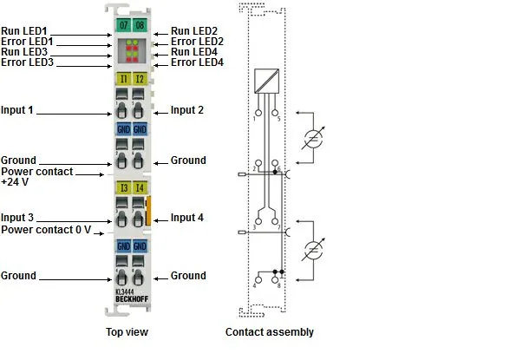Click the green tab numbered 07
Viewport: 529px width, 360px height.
tap(123, 25)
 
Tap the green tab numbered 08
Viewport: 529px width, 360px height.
tap(140, 25)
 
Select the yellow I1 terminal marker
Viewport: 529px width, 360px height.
tap(123, 79)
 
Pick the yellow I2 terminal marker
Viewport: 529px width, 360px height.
tap(140, 79)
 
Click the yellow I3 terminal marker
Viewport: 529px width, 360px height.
tap(123, 187)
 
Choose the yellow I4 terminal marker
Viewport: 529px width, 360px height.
tap(140, 187)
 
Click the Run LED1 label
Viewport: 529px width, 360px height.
tap(24, 31)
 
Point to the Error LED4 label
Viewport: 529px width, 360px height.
tap(197, 62)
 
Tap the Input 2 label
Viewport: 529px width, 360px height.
tap(187, 110)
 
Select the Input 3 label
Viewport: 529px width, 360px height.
tap(17, 218)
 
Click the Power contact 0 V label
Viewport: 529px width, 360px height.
tap(46, 230)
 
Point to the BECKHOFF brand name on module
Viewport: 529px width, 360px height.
tap(132, 299)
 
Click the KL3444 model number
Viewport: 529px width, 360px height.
tap(125, 291)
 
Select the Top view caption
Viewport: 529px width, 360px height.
tap(127, 332)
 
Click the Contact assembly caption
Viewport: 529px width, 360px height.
tap(270, 332)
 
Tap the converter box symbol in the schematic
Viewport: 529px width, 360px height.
tap(266, 81)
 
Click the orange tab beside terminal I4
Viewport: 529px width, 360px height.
tap(147, 211)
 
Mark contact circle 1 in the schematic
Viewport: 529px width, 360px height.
tap(258, 113)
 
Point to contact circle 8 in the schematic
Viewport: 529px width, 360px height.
tap(275, 280)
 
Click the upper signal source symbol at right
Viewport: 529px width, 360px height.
tap(313, 138)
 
